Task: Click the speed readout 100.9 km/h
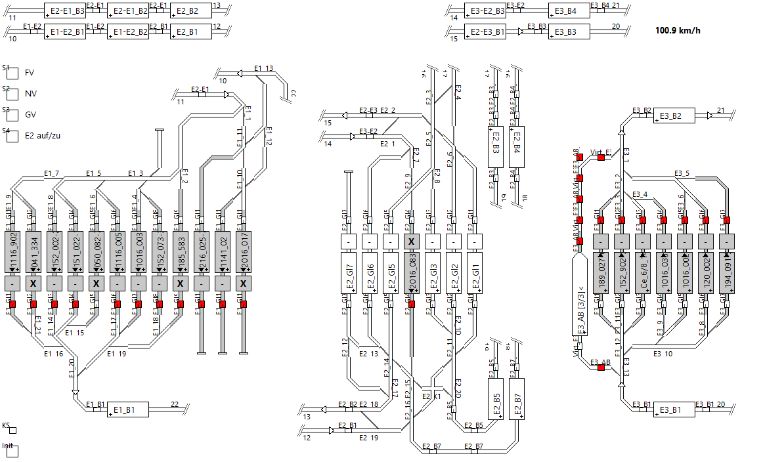[678, 30]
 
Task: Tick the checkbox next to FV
[12, 73]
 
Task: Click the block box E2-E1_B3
[65, 10]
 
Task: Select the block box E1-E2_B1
[65, 31]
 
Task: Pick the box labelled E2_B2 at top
[190, 10]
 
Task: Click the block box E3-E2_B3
[485, 10]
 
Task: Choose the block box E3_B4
[569, 10]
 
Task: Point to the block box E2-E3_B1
[485, 31]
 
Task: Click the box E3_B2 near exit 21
[674, 115]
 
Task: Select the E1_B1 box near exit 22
[128, 410]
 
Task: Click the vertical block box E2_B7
[517, 398]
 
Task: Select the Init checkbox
[12, 451]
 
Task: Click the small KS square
[12, 430]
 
